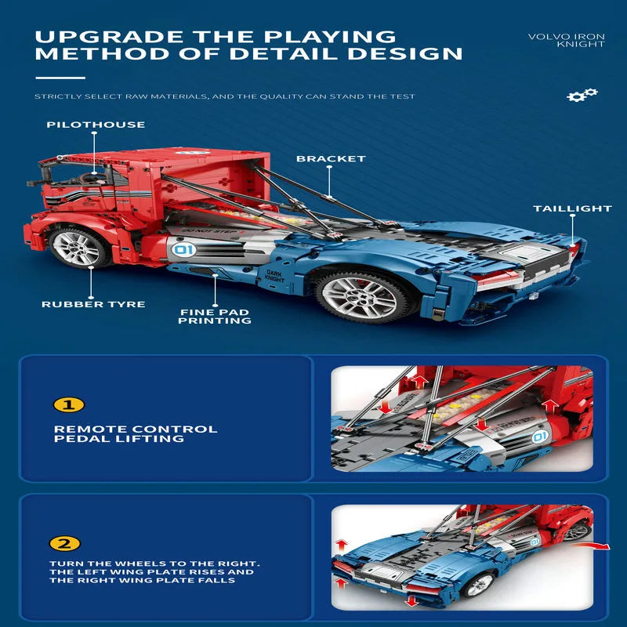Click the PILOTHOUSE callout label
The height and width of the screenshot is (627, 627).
tap(96, 125)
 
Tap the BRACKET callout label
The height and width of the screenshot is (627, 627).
tap(331, 159)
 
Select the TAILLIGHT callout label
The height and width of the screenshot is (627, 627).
tap(572, 208)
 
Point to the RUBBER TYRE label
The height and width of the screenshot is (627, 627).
tap(93, 304)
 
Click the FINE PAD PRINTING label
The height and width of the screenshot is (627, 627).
tap(215, 317)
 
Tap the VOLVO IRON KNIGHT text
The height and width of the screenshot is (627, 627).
tap(566, 41)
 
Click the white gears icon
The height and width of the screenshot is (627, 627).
tap(582, 95)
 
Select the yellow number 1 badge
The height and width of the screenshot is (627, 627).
tap(69, 404)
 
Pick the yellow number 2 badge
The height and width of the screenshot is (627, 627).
tap(65, 543)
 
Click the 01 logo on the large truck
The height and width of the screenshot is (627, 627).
tap(184, 250)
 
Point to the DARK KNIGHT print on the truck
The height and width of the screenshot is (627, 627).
tap(275, 277)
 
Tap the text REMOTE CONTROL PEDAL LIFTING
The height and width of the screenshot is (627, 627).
tap(136, 434)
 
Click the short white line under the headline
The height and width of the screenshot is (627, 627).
tap(60, 78)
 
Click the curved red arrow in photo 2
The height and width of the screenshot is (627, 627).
tap(590, 545)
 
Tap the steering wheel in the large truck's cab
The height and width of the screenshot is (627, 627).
tap(93, 178)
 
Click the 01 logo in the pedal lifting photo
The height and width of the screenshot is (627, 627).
tap(540, 437)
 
